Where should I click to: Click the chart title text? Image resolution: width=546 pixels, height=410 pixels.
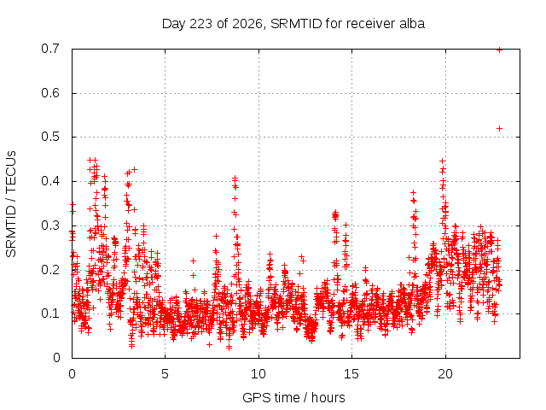pyautogui.click(x=293, y=24)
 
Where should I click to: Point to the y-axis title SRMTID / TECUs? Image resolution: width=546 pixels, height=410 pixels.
pyautogui.click(x=11, y=204)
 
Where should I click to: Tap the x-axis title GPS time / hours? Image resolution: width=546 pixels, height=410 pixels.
pyautogui.click(x=293, y=397)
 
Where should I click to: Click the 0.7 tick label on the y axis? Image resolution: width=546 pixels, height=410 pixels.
pyautogui.click(x=50, y=49)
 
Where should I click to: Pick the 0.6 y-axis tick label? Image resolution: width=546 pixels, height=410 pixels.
pyautogui.click(x=50, y=93)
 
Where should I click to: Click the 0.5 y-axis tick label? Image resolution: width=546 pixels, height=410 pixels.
pyautogui.click(x=50, y=137)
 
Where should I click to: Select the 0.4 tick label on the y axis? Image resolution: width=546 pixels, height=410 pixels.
pyautogui.click(x=50, y=181)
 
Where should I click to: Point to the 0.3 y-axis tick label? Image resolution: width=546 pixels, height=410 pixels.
pyautogui.click(x=50, y=225)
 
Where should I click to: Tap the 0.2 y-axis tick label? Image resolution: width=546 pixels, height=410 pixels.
pyautogui.click(x=50, y=270)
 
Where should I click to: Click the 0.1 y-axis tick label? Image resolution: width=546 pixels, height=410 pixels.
pyautogui.click(x=50, y=313)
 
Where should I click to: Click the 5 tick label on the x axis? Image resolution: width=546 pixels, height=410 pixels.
pyautogui.click(x=165, y=374)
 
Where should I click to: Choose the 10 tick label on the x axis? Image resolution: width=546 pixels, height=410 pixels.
pyautogui.click(x=258, y=374)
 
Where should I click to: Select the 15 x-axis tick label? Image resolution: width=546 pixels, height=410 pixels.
pyautogui.click(x=351, y=374)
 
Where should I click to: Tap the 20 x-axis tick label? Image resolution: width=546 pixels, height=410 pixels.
pyautogui.click(x=445, y=374)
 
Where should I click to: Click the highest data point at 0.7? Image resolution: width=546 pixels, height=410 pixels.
pyautogui.click(x=499, y=50)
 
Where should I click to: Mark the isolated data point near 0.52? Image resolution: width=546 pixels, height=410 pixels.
pyautogui.click(x=499, y=129)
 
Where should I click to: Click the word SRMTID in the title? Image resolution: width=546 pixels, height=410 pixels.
pyautogui.click(x=296, y=24)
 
